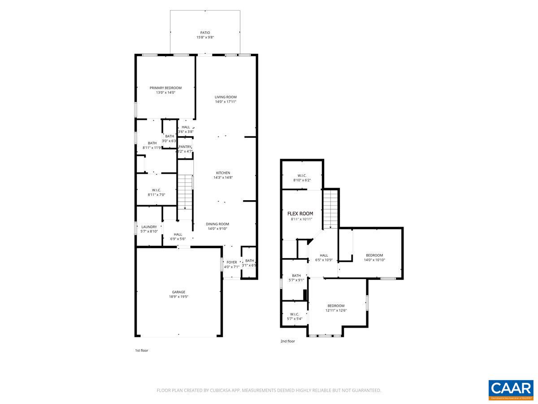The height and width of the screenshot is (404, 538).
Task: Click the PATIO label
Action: coord(205,33)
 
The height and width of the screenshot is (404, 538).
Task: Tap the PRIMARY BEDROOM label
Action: coord(165,88)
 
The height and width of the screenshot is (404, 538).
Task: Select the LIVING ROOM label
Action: coord(226,97)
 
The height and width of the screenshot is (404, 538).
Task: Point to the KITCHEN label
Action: coord(223,173)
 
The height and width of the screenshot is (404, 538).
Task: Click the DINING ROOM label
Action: coord(217,224)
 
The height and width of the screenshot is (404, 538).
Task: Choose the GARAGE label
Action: coord(178,292)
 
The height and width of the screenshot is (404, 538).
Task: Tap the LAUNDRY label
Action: coord(149,227)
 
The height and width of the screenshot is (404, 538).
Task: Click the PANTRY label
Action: coord(185,147)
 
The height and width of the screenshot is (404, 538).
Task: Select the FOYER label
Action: coord(231,262)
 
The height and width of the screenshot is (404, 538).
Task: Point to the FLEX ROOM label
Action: coord(300,214)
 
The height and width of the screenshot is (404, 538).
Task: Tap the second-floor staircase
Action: coord(330,209)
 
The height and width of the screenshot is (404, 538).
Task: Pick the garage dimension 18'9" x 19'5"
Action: coord(178,297)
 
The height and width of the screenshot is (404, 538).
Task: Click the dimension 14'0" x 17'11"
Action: coord(226,102)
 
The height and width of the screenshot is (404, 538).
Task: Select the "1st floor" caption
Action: coord(142,350)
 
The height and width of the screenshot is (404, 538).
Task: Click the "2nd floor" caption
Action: coord(288,341)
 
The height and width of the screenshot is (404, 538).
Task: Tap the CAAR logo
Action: coord(511,389)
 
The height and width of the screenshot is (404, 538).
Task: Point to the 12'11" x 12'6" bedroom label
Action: coord(336,306)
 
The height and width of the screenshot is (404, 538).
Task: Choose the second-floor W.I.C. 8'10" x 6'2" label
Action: coord(302,176)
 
